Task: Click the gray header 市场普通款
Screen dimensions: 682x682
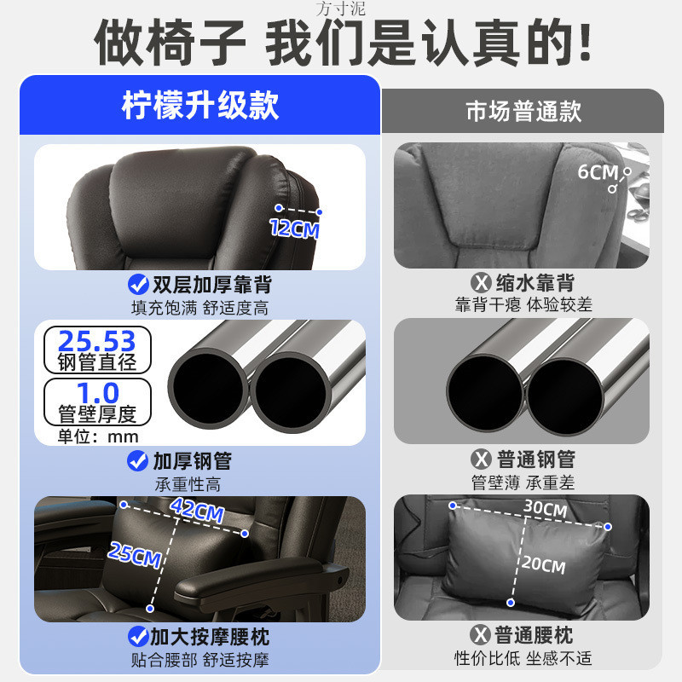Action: click(x=523, y=112)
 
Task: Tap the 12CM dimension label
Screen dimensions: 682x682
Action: click(x=293, y=228)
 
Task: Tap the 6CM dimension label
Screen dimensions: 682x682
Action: click(x=598, y=172)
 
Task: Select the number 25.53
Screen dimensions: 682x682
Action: click(x=96, y=342)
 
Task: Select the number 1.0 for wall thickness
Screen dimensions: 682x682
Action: click(x=98, y=393)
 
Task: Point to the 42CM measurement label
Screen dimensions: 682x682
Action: click(x=197, y=511)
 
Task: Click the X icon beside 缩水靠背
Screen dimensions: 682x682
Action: click(x=483, y=283)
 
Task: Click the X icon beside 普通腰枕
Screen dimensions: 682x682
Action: click(x=483, y=636)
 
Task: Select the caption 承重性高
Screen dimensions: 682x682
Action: click(x=188, y=484)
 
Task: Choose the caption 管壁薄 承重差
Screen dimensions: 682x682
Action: click(x=523, y=483)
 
